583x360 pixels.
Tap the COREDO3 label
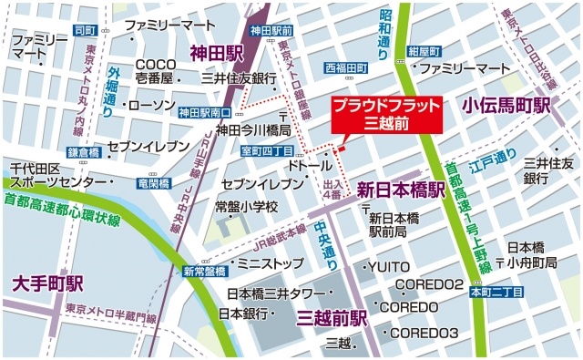pyautogui.click(x=424, y=334)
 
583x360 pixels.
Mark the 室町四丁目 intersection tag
pyautogui.click(x=267, y=149)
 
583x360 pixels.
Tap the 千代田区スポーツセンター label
pyautogui.click(x=55, y=175)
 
